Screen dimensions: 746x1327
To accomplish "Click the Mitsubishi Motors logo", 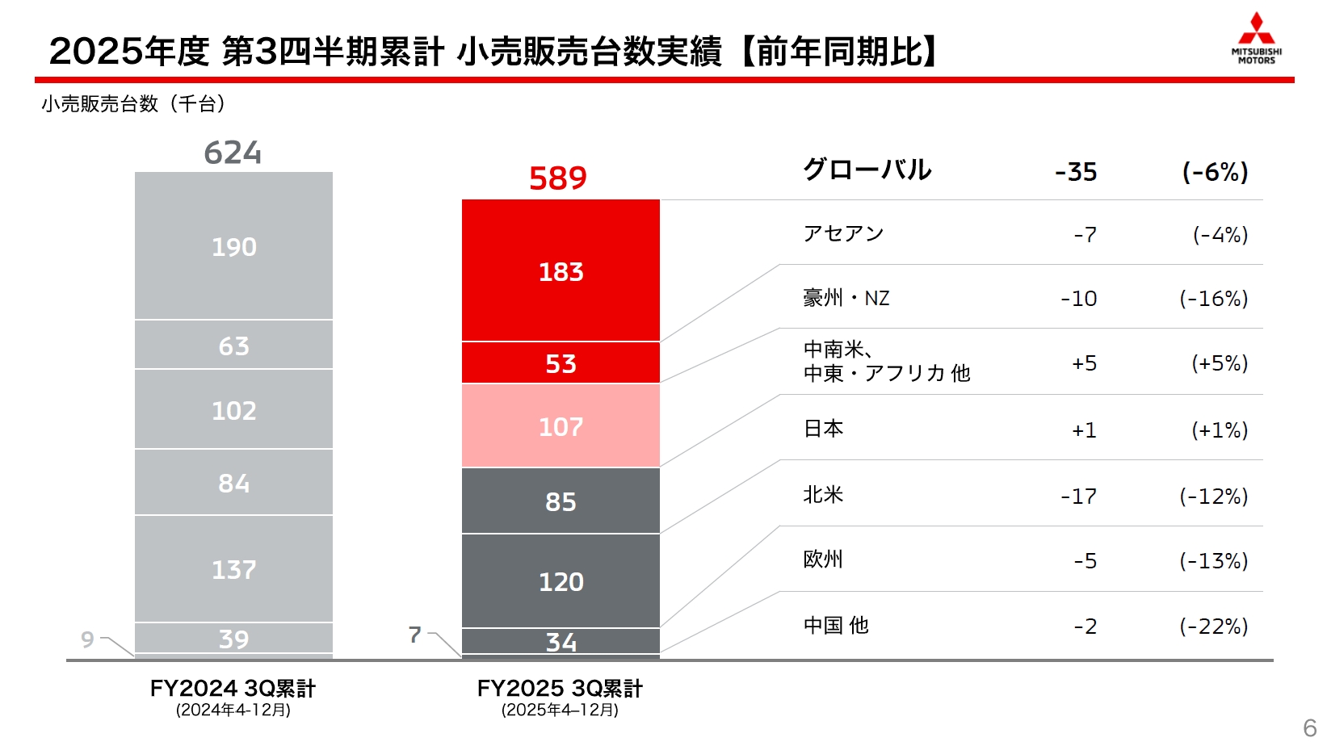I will [x=1256, y=38].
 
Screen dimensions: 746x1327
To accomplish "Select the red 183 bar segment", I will [x=561, y=270].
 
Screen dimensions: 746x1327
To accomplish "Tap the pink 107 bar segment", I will [x=561, y=425].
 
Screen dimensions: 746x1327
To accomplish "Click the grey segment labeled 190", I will [x=233, y=245].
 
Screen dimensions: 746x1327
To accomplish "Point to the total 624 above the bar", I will [x=233, y=153].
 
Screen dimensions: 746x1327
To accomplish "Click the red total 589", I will [x=558, y=178].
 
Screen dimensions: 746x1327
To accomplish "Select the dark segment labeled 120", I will [x=561, y=580].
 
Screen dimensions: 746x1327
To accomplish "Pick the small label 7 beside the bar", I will [x=414, y=635].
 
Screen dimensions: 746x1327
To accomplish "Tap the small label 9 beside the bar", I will [x=87, y=639].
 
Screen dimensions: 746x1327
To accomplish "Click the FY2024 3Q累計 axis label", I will [x=233, y=689].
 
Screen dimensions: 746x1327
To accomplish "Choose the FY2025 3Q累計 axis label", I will [x=560, y=689].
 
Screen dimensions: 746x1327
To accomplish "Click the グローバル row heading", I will [x=867, y=170].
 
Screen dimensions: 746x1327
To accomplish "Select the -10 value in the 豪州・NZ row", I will [x=1078, y=299].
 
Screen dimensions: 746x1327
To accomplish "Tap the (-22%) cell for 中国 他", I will [x=1213, y=626].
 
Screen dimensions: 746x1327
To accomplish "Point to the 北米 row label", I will [x=823, y=494].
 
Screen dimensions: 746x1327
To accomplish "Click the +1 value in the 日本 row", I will [x=1084, y=430].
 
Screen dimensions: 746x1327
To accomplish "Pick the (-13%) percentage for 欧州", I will [x=1213, y=560].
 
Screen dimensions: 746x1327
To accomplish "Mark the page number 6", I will [x=1309, y=727].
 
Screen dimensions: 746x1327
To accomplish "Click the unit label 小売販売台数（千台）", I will [x=133, y=103].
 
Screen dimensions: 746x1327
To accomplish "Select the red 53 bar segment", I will [x=561, y=363].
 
